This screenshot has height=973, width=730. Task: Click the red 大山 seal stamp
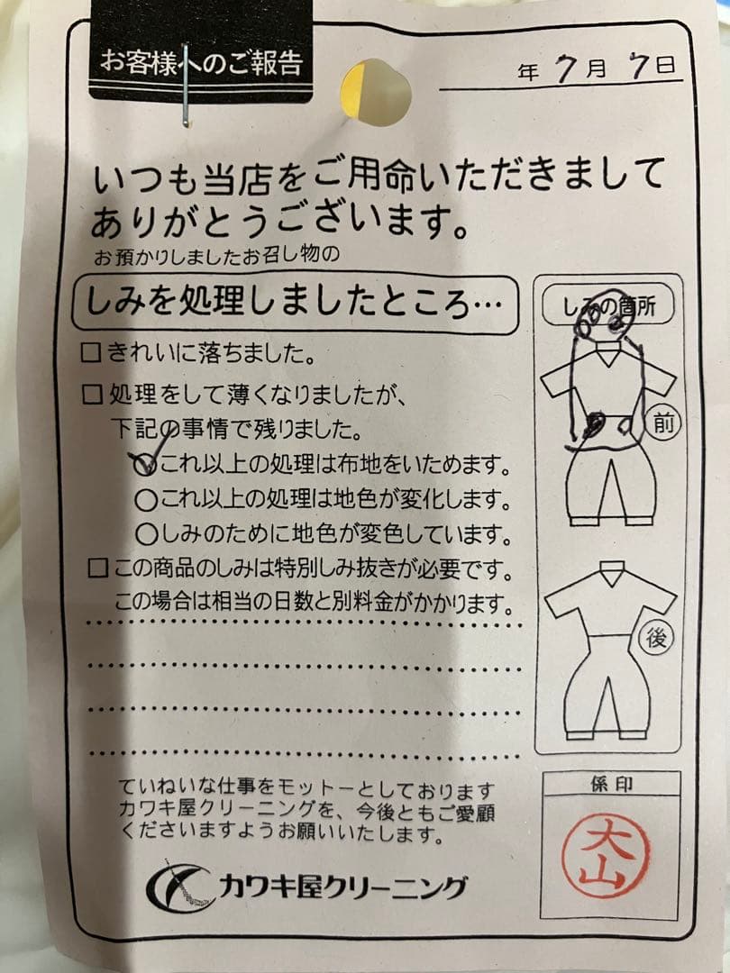click(x=606, y=856)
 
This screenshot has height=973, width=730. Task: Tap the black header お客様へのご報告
click(x=201, y=61)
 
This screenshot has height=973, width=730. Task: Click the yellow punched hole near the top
click(x=376, y=93)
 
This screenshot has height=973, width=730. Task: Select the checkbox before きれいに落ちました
click(x=91, y=354)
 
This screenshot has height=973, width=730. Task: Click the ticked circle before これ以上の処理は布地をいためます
click(x=147, y=465)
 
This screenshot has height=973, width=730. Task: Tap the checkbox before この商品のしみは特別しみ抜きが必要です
click(x=98, y=568)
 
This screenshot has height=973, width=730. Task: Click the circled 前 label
click(x=663, y=423)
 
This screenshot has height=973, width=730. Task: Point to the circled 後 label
click(x=655, y=638)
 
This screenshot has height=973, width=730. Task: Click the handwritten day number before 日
click(x=639, y=65)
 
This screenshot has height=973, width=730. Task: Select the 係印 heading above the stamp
click(x=612, y=784)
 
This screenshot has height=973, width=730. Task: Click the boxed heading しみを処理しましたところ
click(x=294, y=304)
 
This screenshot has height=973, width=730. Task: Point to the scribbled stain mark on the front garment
click(x=594, y=425)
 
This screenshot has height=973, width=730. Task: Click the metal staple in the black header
click(x=186, y=85)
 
